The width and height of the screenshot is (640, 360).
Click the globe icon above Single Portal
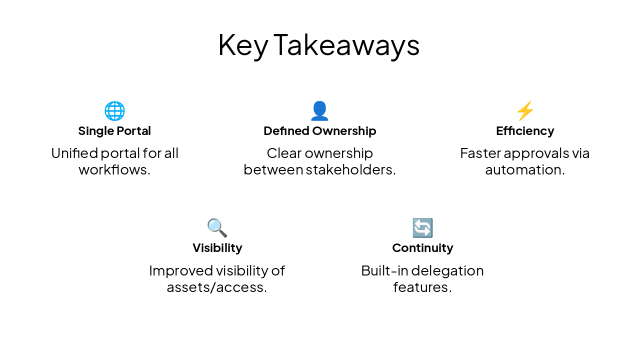point(114,111)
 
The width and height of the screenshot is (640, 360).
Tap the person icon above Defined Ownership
point(319,111)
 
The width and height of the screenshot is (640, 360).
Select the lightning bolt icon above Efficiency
point(525,111)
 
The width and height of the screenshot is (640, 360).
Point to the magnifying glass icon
point(217,228)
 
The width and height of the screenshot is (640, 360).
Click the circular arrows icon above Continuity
point(422,228)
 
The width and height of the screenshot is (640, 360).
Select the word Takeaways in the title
point(346,45)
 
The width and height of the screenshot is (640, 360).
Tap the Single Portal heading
point(114,131)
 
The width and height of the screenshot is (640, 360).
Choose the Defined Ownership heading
point(319,131)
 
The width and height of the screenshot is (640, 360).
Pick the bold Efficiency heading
point(525,131)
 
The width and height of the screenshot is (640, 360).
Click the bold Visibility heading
point(217,248)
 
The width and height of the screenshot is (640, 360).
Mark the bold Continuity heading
point(422,248)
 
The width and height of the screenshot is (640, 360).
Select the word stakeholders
point(350,170)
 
